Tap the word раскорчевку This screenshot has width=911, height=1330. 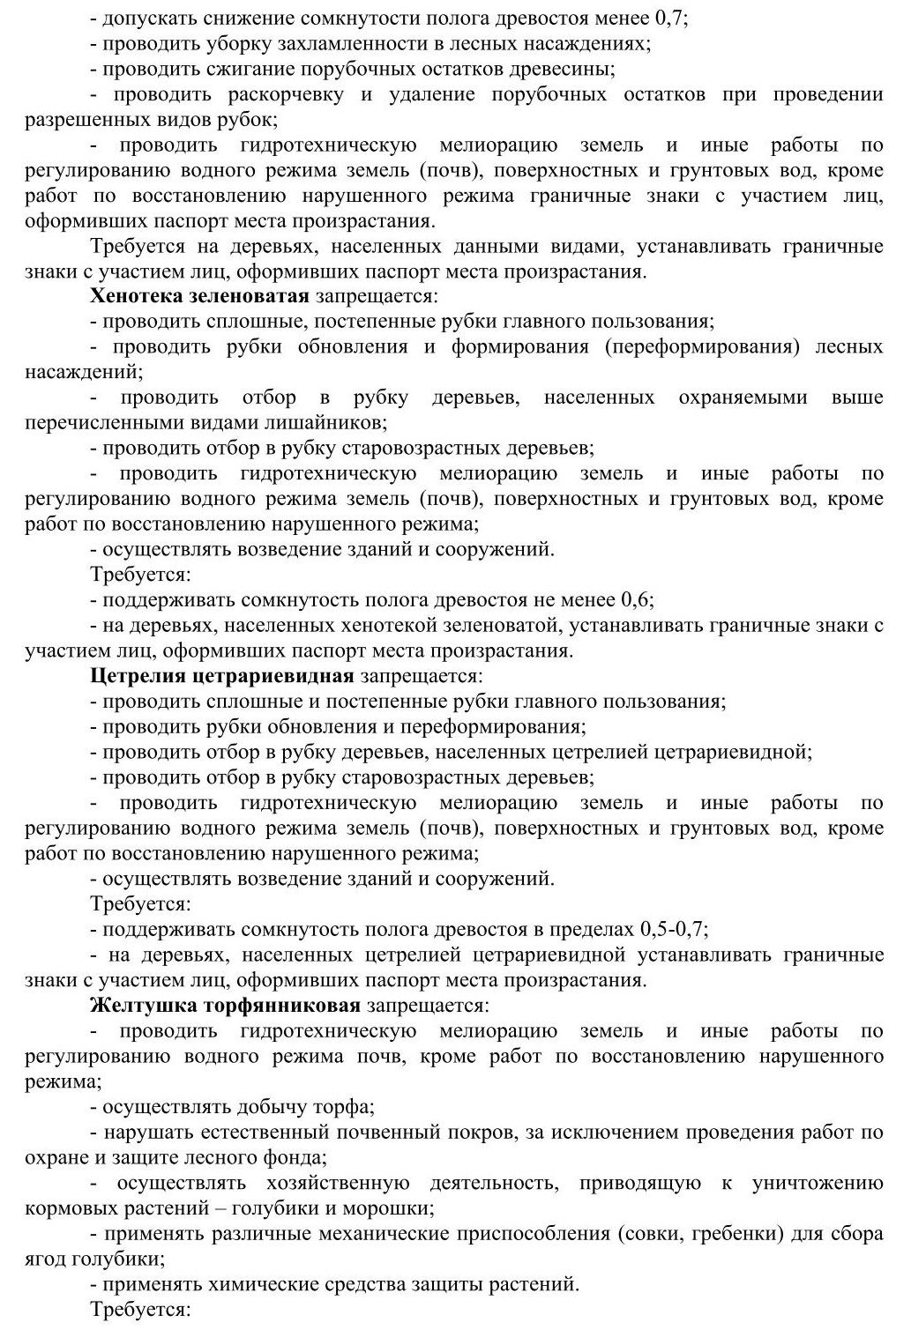(x=288, y=94)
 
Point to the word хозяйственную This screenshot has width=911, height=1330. (x=339, y=1183)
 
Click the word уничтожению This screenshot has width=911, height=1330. (x=818, y=1183)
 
